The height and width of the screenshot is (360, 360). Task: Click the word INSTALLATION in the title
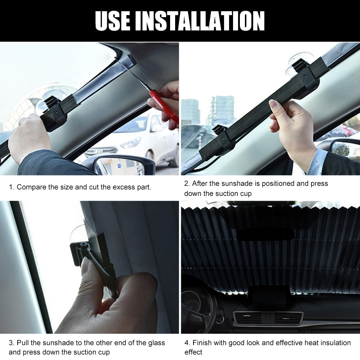[201, 21]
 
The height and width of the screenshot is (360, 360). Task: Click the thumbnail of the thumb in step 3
[85, 266]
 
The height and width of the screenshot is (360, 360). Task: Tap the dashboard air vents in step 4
[268, 318]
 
